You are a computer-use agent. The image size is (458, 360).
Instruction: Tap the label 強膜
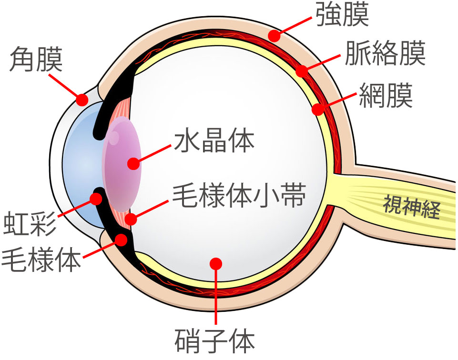point(342,15)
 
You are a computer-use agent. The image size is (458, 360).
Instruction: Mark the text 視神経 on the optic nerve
point(411,207)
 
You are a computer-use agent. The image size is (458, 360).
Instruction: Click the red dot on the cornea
point(82,100)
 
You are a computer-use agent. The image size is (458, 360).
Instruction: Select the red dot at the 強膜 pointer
point(274,35)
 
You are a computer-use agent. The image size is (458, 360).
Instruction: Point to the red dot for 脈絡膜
point(301,71)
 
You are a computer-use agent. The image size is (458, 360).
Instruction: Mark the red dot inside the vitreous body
point(217,263)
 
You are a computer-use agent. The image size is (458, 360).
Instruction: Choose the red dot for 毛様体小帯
point(130,220)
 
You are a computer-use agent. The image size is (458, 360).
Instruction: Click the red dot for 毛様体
point(122,239)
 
